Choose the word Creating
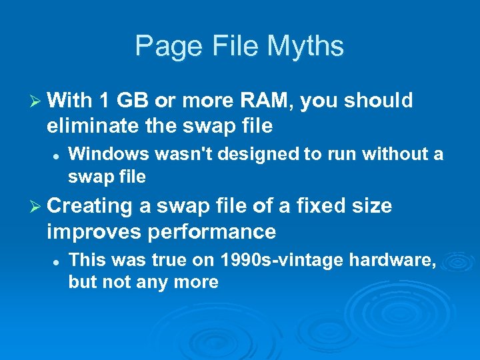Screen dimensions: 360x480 pyautogui.click(x=91, y=207)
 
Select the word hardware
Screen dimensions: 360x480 pyautogui.click(x=399, y=259)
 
